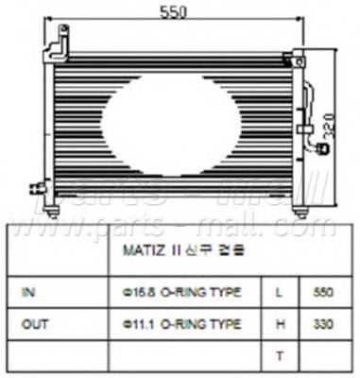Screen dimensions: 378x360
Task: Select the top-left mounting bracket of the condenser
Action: (x=60, y=45)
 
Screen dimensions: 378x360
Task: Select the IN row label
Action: (x=29, y=293)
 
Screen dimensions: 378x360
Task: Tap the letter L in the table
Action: (x=279, y=293)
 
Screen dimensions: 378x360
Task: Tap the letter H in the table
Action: (x=279, y=323)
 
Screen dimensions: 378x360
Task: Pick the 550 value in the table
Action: (x=322, y=293)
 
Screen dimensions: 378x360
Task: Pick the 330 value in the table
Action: (x=322, y=323)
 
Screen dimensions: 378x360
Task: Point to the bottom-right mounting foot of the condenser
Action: (x=296, y=209)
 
